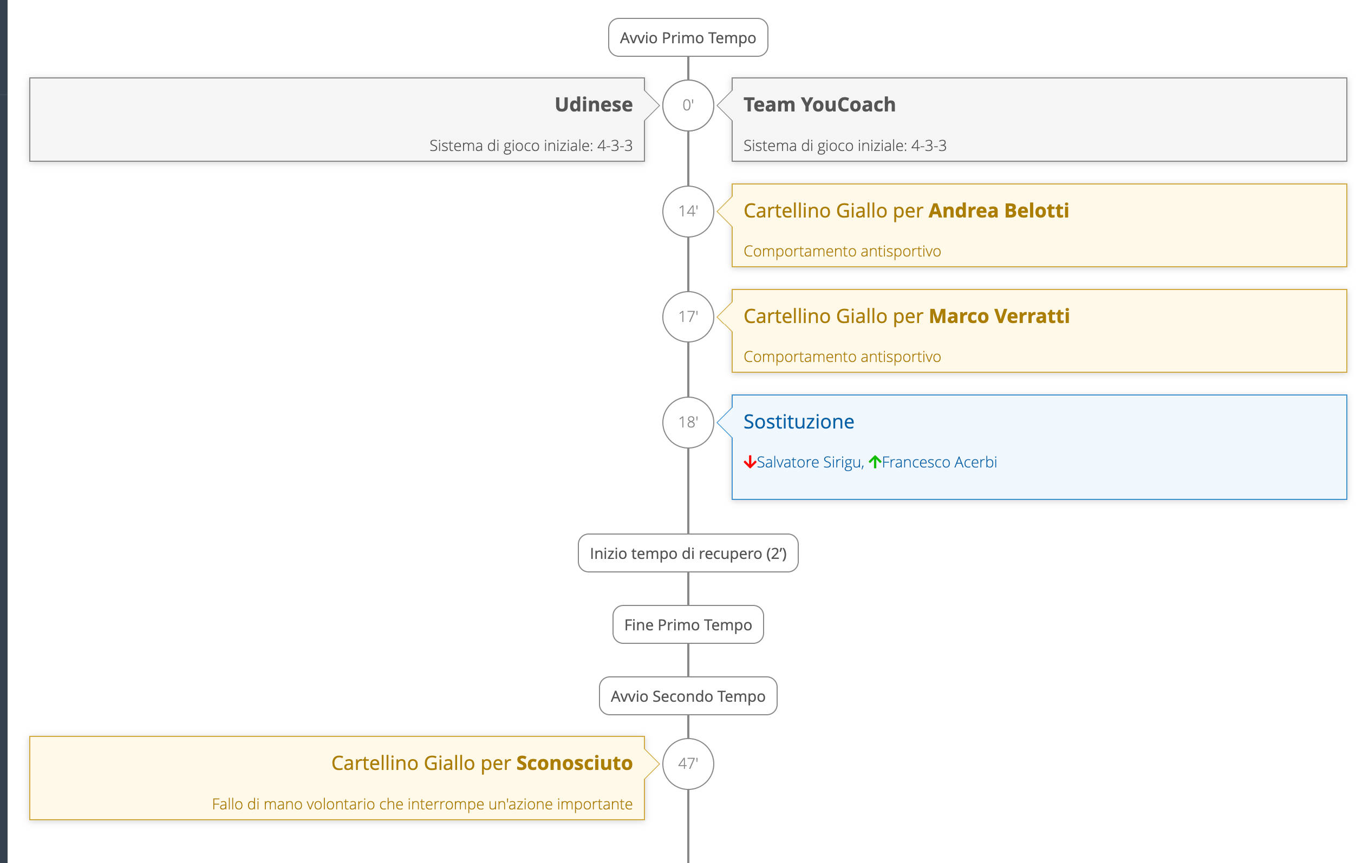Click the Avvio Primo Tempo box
coord(688,38)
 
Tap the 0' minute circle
coord(688,105)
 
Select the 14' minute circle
coord(688,212)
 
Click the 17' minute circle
coord(688,317)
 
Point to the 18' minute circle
coord(688,422)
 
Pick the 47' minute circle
coord(688,763)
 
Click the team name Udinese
coord(594,104)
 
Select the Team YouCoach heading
coord(819,104)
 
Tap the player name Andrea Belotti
coord(998,210)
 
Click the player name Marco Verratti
coord(999,316)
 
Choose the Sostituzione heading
coord(798,421)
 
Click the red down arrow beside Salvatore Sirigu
coord(750,462)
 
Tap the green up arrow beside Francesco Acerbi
coord(875,462)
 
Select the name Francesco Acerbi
coord(939,462)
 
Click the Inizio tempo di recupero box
coord(688,554)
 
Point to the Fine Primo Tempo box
coord(688,624)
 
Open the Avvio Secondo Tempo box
coord(688,696)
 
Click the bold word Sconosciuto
coord(574,763)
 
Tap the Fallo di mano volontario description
coord(422,803)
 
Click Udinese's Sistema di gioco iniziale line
coord(531,146)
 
